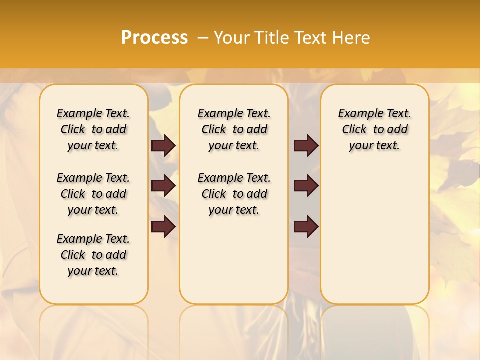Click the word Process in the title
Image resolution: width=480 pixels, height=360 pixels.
[154, 38]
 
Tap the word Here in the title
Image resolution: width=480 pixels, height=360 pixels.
[352, 38]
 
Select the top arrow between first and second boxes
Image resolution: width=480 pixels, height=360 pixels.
[163, 145]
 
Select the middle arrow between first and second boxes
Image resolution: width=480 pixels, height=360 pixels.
[163, 186]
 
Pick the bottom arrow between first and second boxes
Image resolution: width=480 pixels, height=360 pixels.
[163, 227]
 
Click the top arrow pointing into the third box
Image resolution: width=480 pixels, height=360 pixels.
[306, 145]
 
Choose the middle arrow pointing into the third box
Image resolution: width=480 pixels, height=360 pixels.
[306, 186]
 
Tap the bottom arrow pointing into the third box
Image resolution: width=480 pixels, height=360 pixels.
[306, 227]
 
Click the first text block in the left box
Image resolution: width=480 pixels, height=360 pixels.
[93, 129]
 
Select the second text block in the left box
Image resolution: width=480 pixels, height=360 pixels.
[93, 194]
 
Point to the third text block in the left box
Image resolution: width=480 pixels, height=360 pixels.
[93, 255]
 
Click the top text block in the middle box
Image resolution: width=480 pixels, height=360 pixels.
[234, 129]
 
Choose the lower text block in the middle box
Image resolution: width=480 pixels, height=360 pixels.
[234, 194]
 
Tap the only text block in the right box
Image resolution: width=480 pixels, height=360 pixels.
[374, 129]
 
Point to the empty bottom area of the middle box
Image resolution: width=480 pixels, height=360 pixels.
[234, 265]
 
